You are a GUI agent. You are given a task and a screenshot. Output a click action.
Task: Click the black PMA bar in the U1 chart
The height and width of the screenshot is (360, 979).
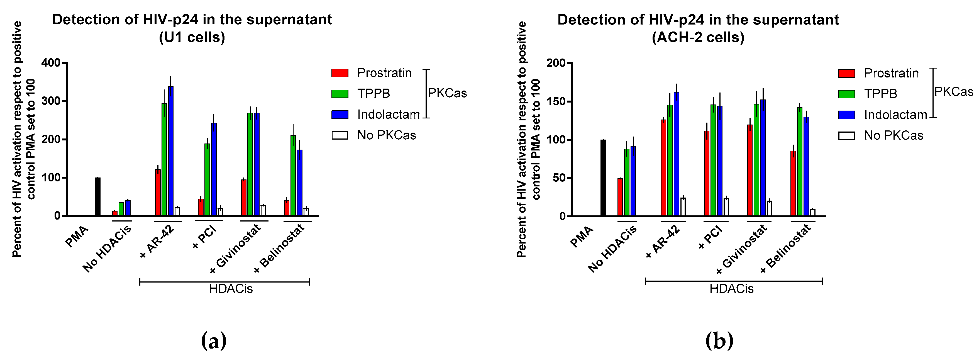point(98,197)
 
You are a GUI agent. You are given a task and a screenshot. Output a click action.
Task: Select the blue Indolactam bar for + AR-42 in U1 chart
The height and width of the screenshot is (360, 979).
point(171,152)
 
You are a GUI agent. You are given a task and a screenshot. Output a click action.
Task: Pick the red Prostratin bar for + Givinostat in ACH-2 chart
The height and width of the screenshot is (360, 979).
point(750,171)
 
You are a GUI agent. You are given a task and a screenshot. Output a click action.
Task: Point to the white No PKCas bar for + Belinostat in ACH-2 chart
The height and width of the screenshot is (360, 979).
point(812,213)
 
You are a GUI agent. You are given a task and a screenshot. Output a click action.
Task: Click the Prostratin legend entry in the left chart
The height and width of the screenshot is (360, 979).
point(384,73)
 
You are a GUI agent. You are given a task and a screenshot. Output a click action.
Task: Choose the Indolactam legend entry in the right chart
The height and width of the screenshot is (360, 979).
point(895,115)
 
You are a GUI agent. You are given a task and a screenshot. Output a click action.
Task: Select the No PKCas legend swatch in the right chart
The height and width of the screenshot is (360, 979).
point(846,136)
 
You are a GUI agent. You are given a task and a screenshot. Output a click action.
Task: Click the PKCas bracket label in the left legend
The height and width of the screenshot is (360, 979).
point(447,93)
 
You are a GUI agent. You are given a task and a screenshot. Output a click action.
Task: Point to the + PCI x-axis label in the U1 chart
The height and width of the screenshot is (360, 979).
point(204,237)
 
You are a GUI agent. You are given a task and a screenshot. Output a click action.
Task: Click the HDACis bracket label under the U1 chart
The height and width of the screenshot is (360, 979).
point(231,289)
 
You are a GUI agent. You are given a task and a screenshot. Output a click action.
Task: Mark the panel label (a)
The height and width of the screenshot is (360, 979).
point(214,340)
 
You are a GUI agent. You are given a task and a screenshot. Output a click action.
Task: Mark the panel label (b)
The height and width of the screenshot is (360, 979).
point(719,340)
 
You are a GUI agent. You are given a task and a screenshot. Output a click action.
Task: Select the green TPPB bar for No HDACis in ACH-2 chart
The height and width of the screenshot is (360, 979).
point(626,183)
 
